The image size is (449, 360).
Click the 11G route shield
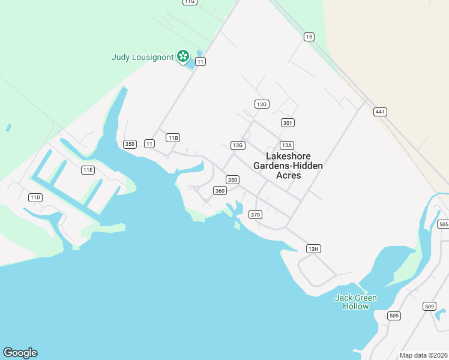click(190, 2)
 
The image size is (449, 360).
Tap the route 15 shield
click(309, 37)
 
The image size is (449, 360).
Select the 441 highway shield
click(379, 112)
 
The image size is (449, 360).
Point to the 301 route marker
click(288, 122)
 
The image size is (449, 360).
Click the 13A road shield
click(287, 145)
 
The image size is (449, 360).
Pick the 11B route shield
click(173, 138)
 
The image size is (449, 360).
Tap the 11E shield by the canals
click(88, 170)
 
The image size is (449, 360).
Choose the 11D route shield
click(35, 197)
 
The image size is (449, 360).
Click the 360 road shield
click(220, 191)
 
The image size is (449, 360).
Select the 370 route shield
click(256, 214)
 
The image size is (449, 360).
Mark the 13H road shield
click(313, 248)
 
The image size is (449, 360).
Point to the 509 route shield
click(429, 307)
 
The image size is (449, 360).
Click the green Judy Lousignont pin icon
click(183, 56)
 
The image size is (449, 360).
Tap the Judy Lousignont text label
click(142, 58)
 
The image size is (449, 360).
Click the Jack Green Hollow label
click(356, 302)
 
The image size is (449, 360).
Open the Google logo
click(20, 353)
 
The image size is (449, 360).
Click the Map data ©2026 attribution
click(423, 355)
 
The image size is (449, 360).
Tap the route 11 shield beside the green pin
click(200, 61)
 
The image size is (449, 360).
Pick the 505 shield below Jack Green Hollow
click(394, 316)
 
